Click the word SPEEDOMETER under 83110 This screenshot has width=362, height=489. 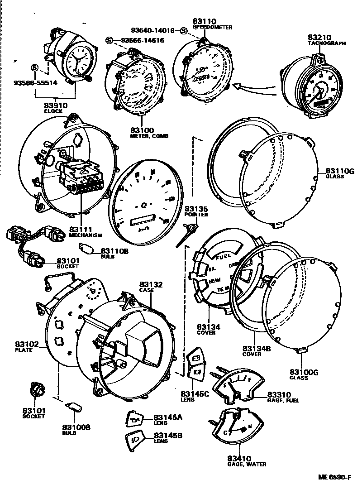coord(212,27)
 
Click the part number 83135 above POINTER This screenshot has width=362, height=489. coord(196,209)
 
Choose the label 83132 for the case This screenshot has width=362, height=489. coord(151,284)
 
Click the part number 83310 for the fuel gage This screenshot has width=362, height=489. coord(279,394)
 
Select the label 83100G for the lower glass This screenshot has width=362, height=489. coord(305,372)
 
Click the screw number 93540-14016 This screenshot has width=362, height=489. coord(155,31)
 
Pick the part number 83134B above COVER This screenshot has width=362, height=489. coord(256,348)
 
